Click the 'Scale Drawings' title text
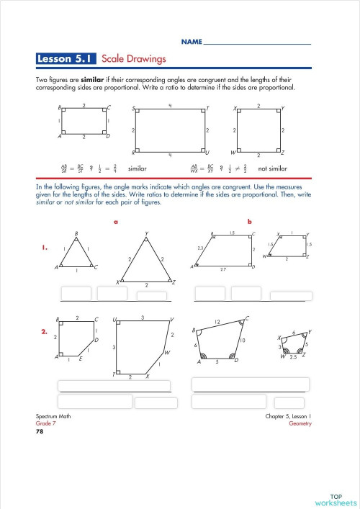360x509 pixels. click(134, 58)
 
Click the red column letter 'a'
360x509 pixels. click(115, 222)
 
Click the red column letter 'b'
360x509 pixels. click(249, 222)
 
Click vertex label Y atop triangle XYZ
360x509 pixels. click(146, 233)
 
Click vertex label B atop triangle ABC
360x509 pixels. click(76, 233)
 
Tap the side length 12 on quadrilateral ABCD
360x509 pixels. click(216, 321)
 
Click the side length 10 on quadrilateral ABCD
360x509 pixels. click(243, 340)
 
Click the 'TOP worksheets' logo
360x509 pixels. click(336, 499)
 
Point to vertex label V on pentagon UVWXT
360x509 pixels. click(171, 319)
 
